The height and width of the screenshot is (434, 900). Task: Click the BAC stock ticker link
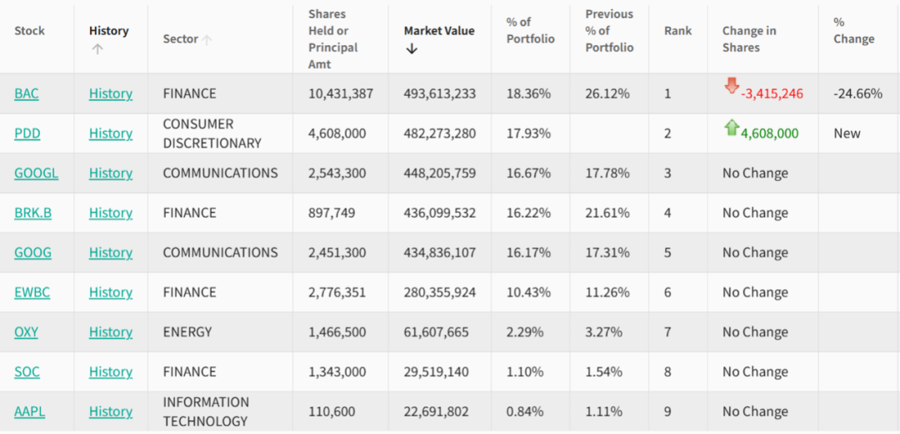click(27, 93)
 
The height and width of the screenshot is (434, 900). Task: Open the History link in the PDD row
click(111, 134)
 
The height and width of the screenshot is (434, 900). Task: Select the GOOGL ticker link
click(36, 174)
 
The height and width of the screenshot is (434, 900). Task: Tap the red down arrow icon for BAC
click(732, 86)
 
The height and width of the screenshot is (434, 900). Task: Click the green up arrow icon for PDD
click(732, 128)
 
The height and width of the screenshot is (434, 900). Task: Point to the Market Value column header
click(439, 31)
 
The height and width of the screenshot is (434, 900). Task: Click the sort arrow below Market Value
click(412, 49)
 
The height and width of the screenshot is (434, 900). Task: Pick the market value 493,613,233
click(440, 93)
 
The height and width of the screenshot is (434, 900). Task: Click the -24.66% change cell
click(857, 93)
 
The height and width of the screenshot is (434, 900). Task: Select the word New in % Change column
click(847, 134)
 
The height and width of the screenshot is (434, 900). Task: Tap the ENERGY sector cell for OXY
click(187, 332)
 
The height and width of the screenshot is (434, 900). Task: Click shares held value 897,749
click(332, 213)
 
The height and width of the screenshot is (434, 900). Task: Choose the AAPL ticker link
click(29, 411)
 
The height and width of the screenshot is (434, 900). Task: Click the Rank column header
click(677, 31)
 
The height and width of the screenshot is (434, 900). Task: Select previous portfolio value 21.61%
click(607, 213)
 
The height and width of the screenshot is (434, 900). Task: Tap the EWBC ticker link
click(32, 292)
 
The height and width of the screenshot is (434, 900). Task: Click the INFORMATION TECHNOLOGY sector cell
click(206, 411)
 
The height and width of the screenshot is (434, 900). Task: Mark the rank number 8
click(667, 371)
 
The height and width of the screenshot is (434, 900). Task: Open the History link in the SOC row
click(111, 371)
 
